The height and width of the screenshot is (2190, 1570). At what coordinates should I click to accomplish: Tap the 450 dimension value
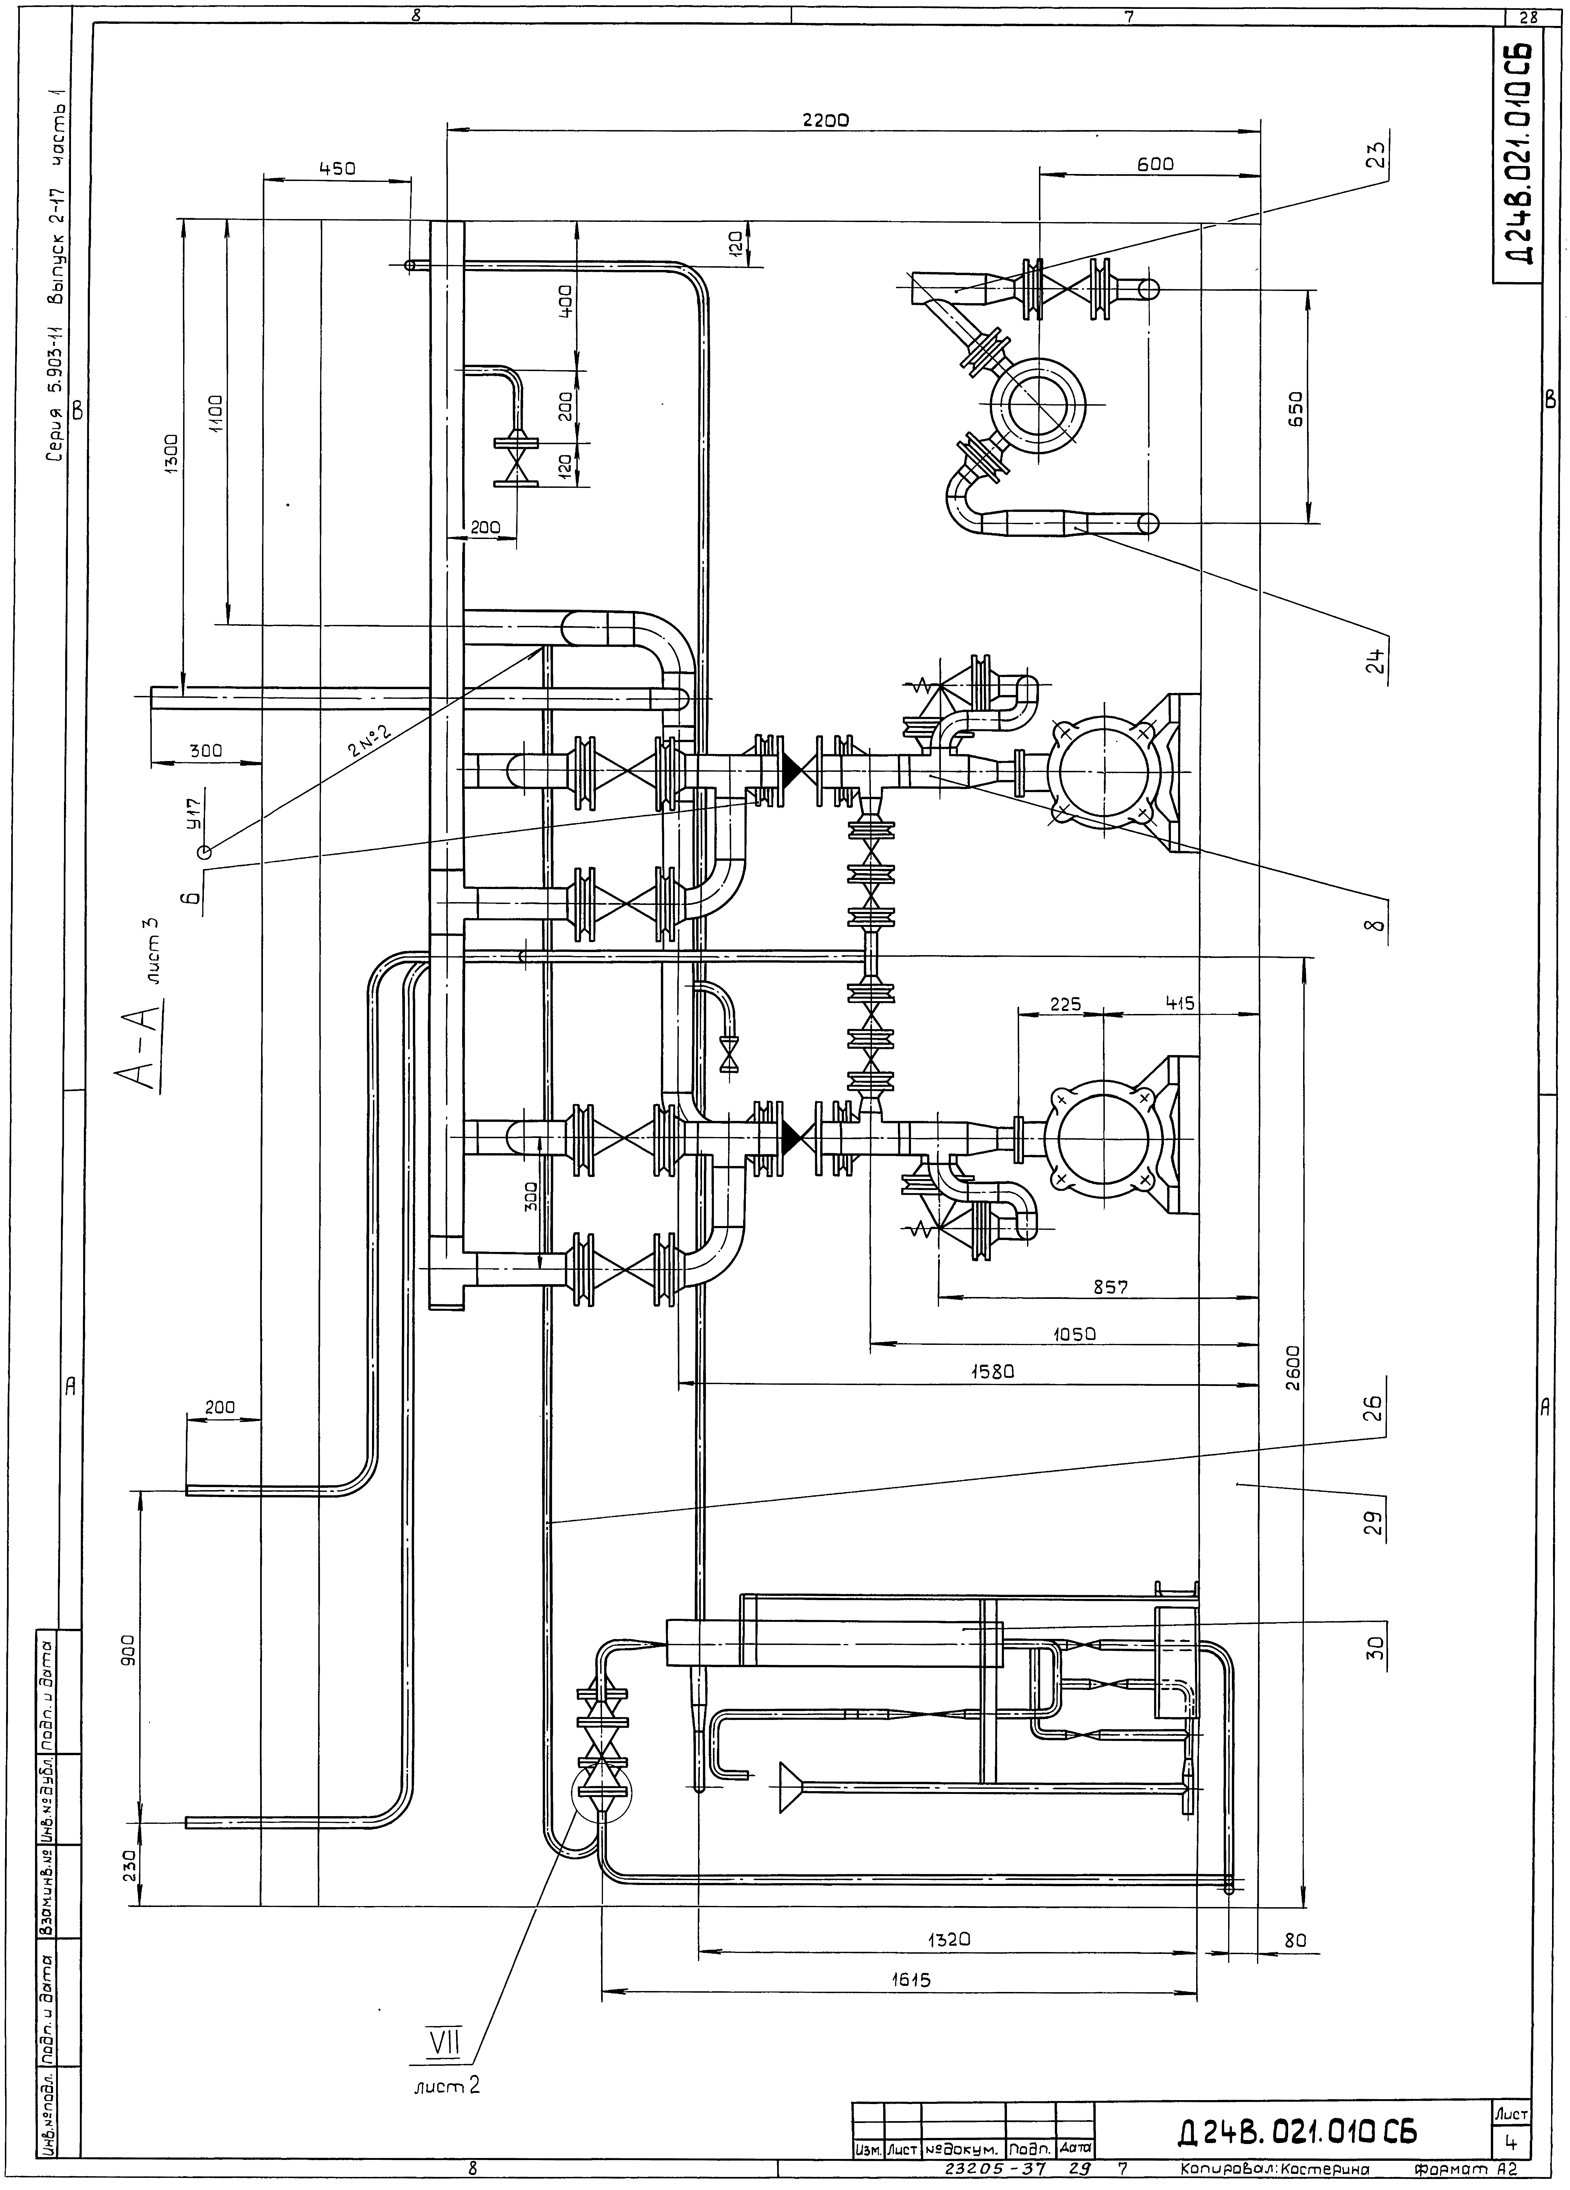point(337,168)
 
